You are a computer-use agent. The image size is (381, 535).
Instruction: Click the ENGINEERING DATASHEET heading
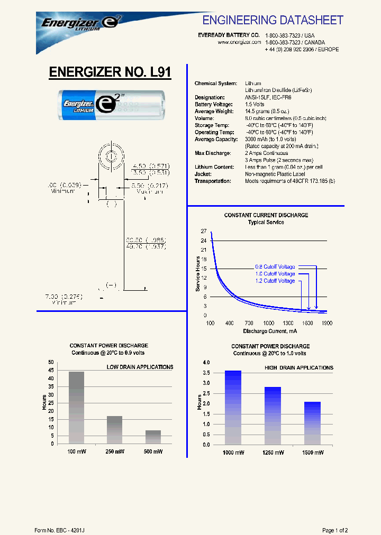click(273, 20)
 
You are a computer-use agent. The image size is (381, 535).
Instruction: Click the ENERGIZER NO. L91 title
click(110, 72)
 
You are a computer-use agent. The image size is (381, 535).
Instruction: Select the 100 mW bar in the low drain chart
click(76, 408)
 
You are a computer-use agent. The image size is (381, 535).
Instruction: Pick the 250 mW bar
click(115, 429)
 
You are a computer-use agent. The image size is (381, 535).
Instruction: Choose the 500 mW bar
click(153, 437)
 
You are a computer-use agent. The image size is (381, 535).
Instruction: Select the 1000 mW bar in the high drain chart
click(233, 407)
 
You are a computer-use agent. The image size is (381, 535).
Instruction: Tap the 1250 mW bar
click(273, 415)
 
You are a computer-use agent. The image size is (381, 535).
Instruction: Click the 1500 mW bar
click(312, 423)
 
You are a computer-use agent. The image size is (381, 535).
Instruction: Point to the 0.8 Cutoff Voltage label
click(275, 267)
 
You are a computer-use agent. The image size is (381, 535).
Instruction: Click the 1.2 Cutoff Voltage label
click(275, 281)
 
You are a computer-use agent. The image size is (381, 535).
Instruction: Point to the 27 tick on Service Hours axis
click(204, 232)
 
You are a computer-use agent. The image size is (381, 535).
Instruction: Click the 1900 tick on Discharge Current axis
click(327, 322)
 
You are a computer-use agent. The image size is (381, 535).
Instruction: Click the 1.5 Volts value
click(255, 105)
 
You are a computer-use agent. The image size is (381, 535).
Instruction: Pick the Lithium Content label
click(214, 167)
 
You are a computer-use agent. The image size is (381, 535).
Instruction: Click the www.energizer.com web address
click(240, 42)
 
